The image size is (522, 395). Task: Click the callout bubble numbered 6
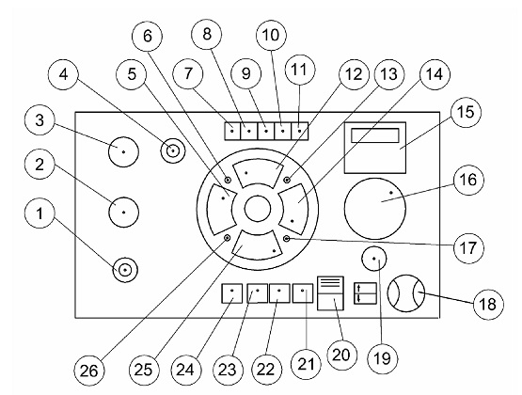147,36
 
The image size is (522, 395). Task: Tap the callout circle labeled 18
488,304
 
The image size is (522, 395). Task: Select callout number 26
89,371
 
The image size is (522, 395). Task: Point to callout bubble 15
466,112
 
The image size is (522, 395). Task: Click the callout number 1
40,213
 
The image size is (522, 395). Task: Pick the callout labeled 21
306,364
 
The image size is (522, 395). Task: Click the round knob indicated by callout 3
123,151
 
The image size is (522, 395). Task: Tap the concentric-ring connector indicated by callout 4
173,151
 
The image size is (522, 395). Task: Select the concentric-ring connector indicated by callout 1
125,270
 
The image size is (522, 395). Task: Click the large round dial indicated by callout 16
375,209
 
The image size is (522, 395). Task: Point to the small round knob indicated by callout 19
373,259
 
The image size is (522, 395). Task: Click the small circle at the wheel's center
258,209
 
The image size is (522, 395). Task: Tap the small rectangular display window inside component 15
375,135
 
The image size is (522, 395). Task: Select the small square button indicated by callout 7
232,131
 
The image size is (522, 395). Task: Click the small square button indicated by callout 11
300,131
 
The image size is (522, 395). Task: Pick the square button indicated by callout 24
232,293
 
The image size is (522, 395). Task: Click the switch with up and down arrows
365,293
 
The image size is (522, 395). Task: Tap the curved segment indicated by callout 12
258,168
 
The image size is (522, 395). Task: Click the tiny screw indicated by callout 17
287,239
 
